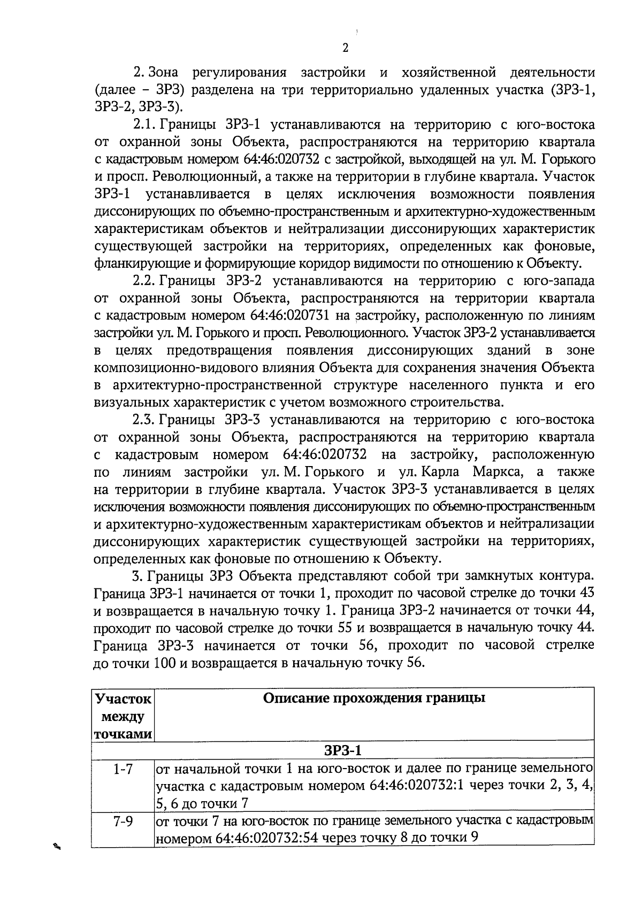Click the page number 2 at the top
pyautogui.click(x=345, y=48)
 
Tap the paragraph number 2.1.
pyautogui.click(x=144, y=125)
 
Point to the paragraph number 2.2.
pyautogui.click(x=144, y=281)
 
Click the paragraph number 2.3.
pyautogui.click(x=144, y=420)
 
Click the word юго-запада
pyautogui.click(x=557, y=281)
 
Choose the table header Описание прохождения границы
pyautogui.click(x=374, y=698)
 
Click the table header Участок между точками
pyautogui.click(x=123, y=716)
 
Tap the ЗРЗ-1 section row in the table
pyautogui.click(x=342, y=750)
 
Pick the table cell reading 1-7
pyautogui.click(x=123, y=770)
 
